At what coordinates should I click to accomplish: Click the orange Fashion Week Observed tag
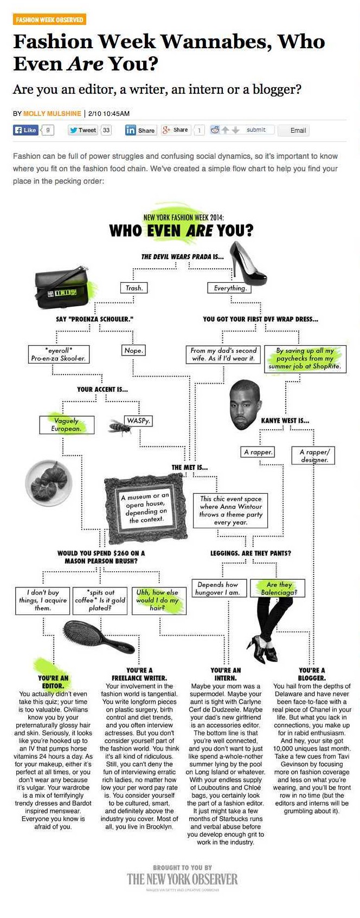click(49, 20)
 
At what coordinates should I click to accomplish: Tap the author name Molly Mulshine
click(53, 113)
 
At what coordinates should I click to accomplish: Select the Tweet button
click(83, 130)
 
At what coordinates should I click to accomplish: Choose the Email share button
click(294, 131)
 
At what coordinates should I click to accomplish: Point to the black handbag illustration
click(61, 287)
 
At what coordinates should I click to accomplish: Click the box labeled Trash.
click(133, 288)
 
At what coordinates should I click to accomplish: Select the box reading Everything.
click(230, 288)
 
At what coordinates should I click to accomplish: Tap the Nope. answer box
click(133, 351)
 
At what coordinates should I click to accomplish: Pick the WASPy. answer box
click(139, 421)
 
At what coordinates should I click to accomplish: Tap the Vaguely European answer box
click(67, 424)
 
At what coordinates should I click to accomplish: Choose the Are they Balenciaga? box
click(278, 588)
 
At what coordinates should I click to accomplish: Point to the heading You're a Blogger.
click(312, 674)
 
